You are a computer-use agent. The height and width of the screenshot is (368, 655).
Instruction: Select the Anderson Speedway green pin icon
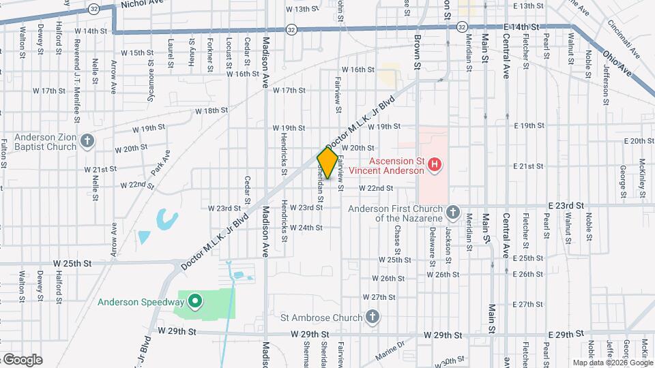point(194,301)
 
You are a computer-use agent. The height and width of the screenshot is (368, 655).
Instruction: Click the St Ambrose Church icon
point(372,317)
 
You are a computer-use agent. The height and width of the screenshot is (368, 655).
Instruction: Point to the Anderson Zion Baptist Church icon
point(87,141)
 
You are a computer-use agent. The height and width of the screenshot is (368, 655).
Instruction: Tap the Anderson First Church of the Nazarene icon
point(453,213)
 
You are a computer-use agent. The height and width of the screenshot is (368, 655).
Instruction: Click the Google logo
point(22,360)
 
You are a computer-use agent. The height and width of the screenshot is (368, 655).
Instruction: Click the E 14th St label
point(522,27)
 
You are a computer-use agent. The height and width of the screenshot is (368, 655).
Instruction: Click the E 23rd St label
point(567,205)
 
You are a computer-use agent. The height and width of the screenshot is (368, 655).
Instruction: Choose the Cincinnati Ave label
point(625,40)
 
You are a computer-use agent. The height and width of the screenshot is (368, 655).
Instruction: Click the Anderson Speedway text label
point(141,302)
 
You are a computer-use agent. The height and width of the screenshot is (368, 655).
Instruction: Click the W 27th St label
point(379,297)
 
